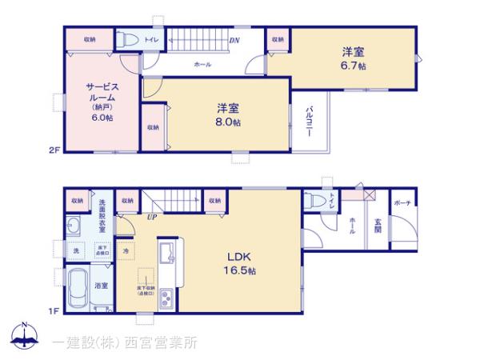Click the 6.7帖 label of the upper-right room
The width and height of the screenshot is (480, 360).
pyautogui.click(x=354, y=66)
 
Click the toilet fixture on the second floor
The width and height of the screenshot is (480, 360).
pyautogui.click(x=128, y=39)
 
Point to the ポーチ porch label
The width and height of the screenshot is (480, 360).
pyautogui.click(x=402, y=203)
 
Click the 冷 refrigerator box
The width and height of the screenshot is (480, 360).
pyautogui.click(x=126, y=251)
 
